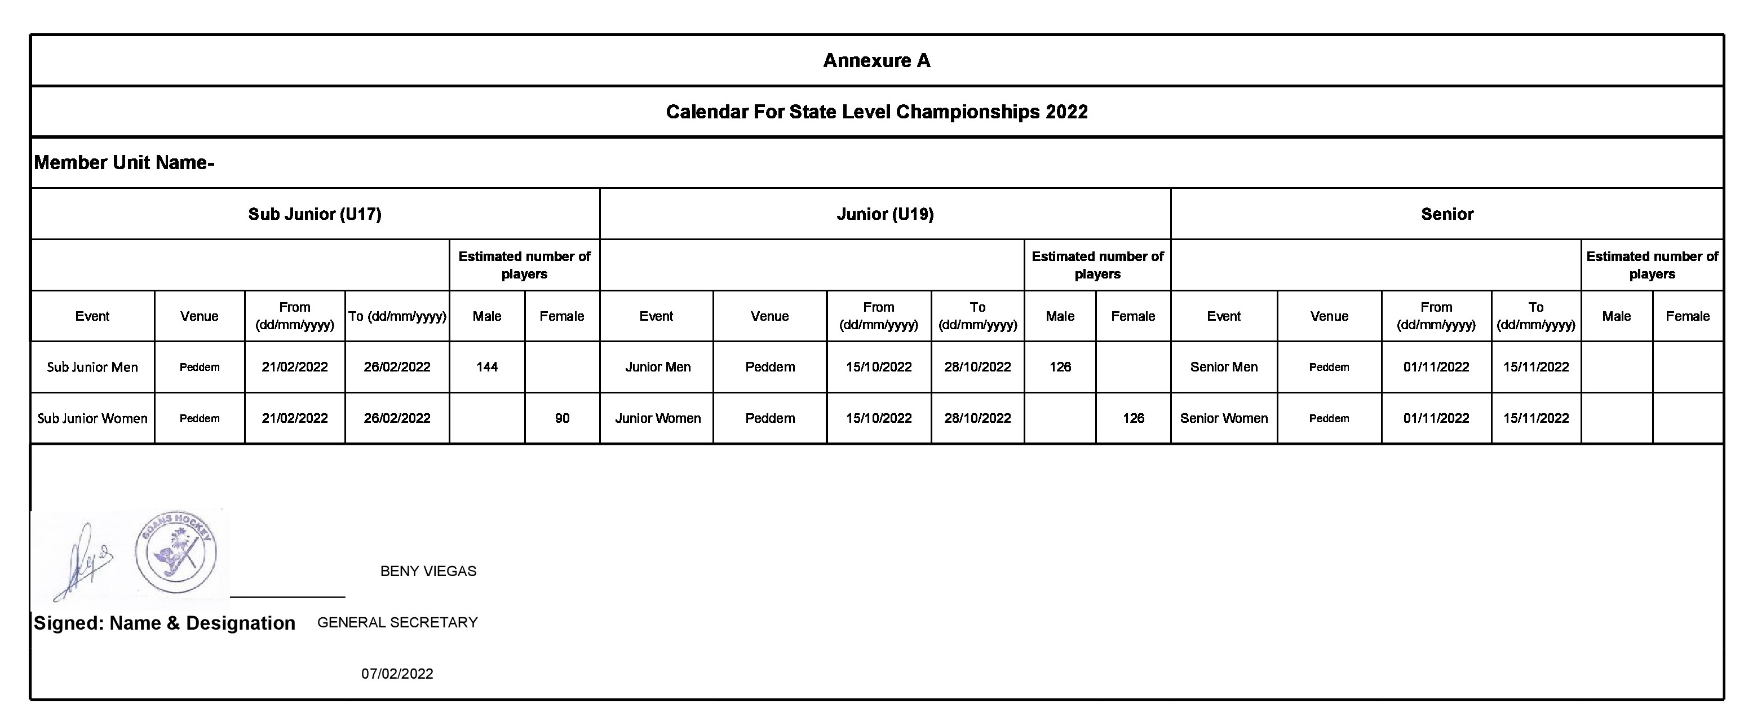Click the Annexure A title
pos(876,61)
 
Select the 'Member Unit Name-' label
pos(125,163)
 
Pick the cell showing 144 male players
pos(487,368)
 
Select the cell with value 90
pos(562,419)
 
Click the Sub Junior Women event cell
pos(92,419)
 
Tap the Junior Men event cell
pos(657,368)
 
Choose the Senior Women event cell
pos(1223,419)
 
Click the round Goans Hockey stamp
pos(176,552)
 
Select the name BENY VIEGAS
pos(428,571)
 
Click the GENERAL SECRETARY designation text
pos(397,623)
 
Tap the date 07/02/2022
pos(397,674)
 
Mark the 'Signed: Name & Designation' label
pos(165,623)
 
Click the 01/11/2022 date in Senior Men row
pos(1436,368)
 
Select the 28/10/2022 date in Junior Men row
pos(977,368)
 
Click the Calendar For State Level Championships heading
pos(876,112)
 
